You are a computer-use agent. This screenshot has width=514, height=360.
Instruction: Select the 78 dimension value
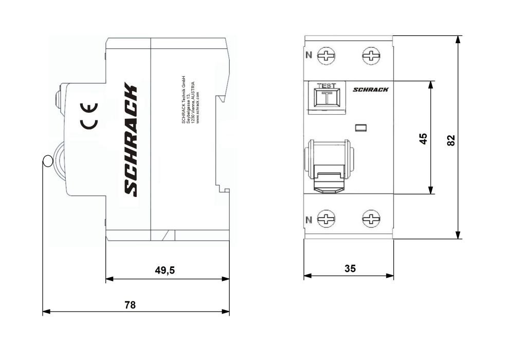coord(131,304)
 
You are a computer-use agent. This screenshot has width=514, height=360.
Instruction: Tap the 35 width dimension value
coord(350,268)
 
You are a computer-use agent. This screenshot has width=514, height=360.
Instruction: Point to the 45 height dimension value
coord(423,138)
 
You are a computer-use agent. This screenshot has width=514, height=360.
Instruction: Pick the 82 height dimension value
coord(451,140)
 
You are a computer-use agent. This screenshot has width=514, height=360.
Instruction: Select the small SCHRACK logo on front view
coord(371,89)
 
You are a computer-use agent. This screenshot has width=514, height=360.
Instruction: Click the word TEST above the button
coord(326,85)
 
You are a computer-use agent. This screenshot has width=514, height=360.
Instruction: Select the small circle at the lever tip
coord(47,161)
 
